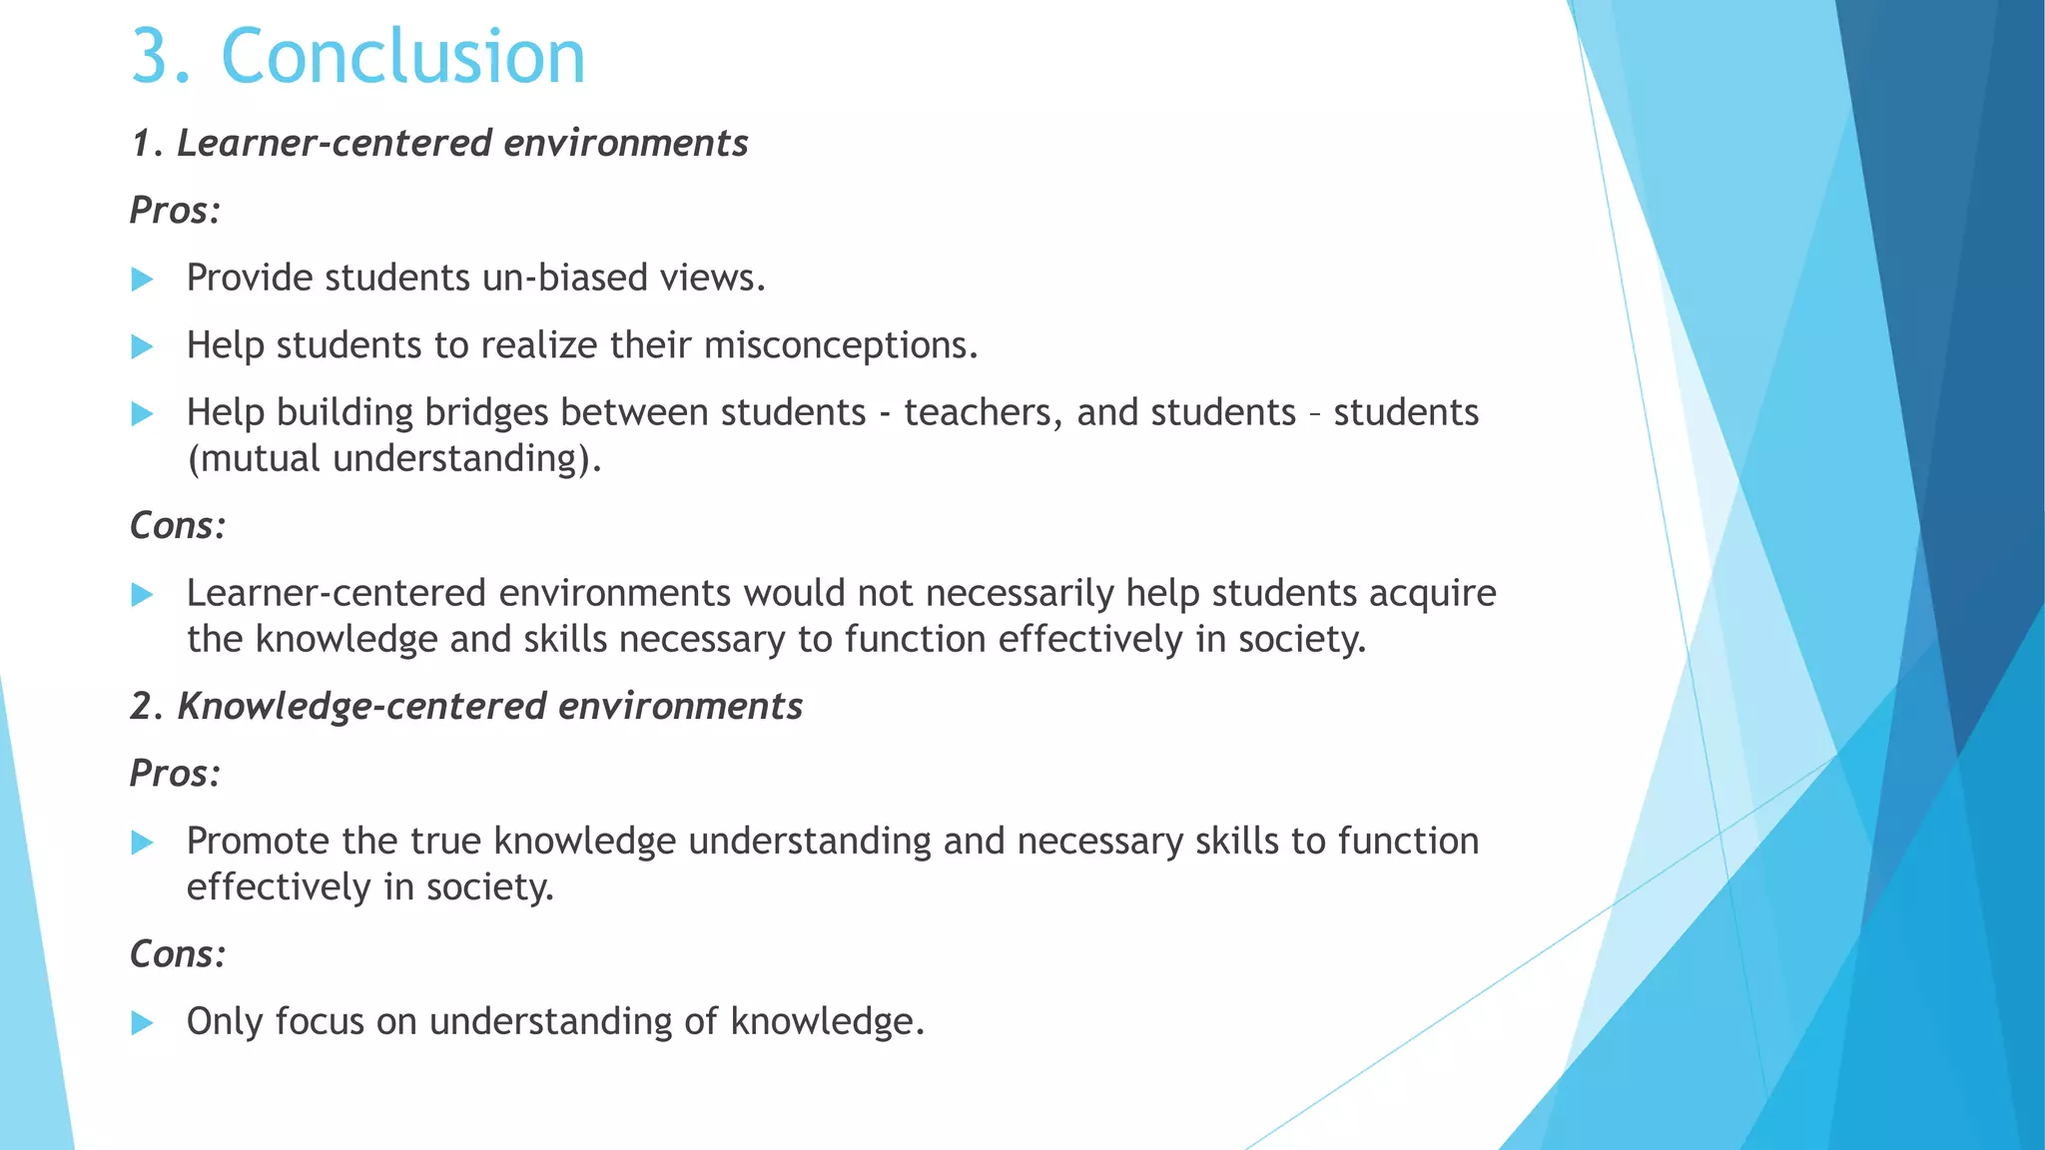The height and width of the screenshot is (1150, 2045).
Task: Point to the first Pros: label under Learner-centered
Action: (175, 211)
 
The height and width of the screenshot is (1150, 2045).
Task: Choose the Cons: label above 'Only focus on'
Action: (178, 954)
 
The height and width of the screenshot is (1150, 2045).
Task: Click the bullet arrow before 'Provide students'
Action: (143, 279)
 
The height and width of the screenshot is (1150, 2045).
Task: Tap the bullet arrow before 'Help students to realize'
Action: (143, 346)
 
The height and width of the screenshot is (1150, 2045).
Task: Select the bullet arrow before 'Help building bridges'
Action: (143, 413)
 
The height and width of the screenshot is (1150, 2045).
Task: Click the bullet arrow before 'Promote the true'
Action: (143, 842)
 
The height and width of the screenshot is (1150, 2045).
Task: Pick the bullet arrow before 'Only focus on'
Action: (143, 1022)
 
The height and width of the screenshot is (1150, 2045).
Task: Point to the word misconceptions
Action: (840, 345)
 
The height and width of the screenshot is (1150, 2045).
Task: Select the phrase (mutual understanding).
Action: (394, 458)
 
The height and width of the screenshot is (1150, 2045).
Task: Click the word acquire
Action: (1432, 594)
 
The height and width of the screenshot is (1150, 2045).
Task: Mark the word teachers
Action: (983, 412)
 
